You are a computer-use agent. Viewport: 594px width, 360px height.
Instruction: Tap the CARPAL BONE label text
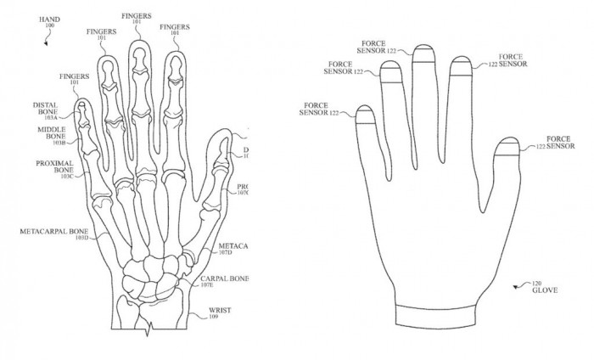pyautogui.click(x=223, y=278)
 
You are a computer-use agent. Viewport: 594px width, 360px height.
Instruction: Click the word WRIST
pyautogui.click(x=218, y=310)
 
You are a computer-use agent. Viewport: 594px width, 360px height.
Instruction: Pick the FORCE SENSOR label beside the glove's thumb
pyautogui.click(x=560, y=143)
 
